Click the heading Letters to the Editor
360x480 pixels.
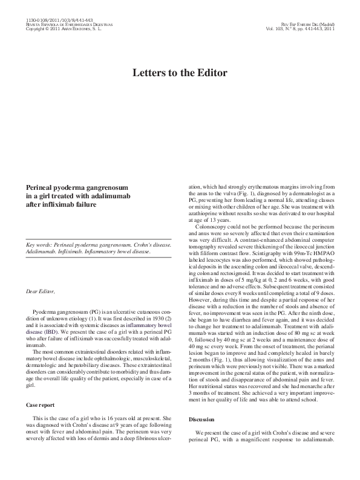tap(180, 73)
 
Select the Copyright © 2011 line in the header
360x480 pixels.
tap(64, 28)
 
